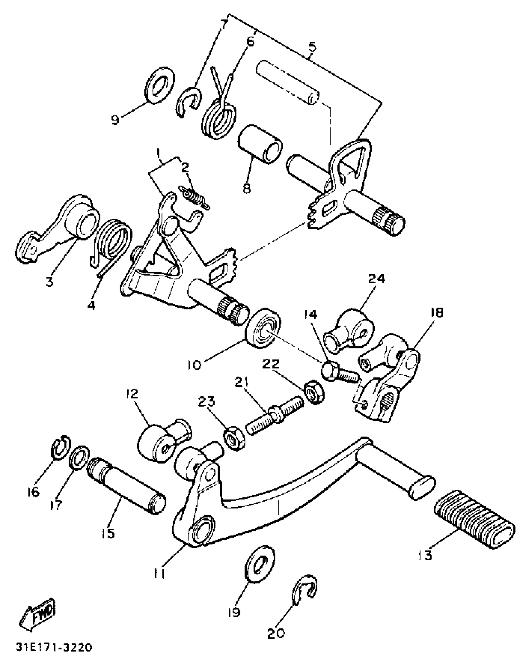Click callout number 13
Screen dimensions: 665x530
[425, 555]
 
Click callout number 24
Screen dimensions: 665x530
[376, 279]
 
